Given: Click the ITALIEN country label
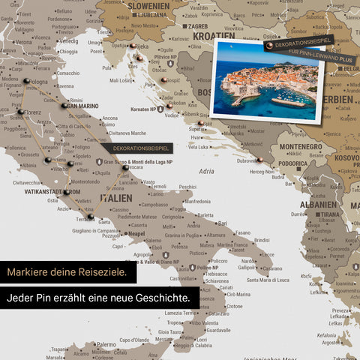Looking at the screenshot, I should click(115, 197).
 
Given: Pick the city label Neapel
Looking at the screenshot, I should click(136, 233).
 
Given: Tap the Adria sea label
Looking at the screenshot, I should click(206, 172).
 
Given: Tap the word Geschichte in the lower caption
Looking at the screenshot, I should click(165, 298).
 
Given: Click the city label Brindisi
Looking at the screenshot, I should click(262, 241).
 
